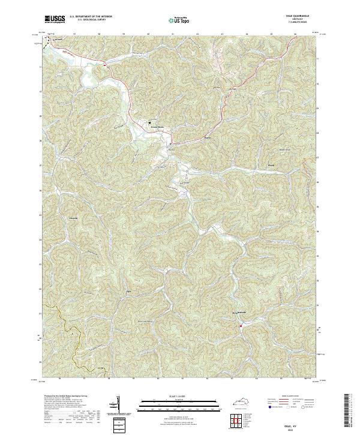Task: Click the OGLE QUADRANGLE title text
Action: pyautogui.click(x=305, y=17)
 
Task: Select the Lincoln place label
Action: pyautogui.click(x=73, y=217)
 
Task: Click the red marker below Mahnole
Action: pyautogui.click(x=240, y=326)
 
